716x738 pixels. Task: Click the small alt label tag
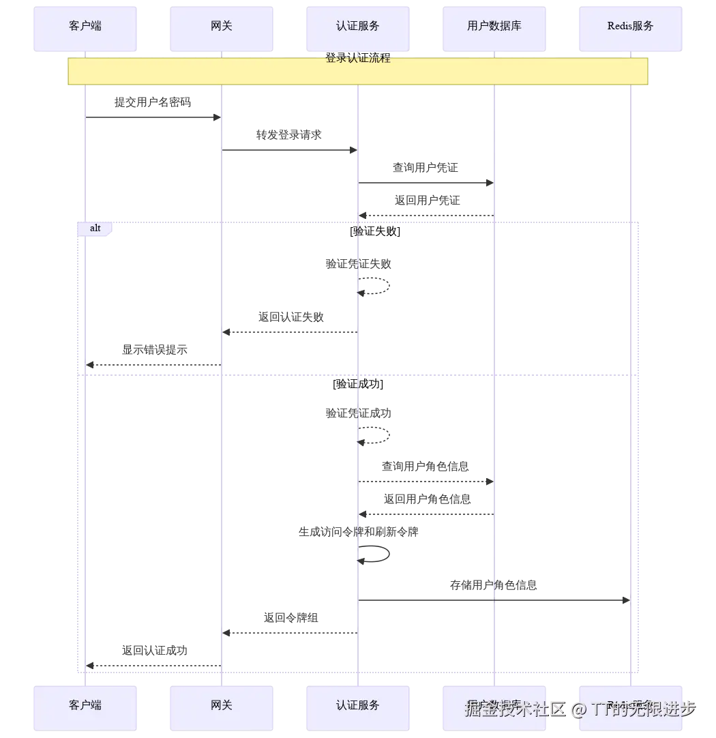95,228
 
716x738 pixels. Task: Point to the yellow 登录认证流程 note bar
357,72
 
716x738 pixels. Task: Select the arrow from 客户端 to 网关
153,117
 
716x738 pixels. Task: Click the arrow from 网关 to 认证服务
289,150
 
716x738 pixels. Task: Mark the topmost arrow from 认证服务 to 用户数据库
426,183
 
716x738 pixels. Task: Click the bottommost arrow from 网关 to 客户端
153,665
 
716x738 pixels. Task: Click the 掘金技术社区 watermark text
515,709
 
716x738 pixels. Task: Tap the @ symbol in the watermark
579,710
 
